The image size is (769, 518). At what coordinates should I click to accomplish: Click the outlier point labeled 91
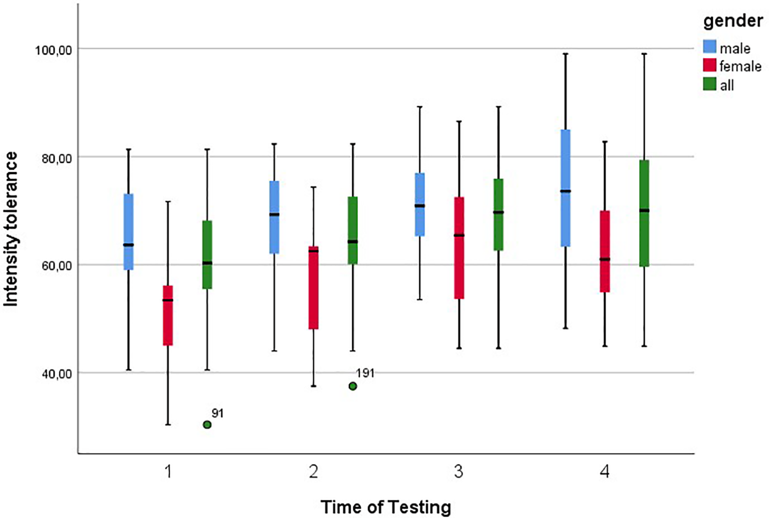[207, 424]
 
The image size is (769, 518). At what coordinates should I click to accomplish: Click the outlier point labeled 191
[353, 386]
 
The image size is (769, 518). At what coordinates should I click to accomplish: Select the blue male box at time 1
[128, 232]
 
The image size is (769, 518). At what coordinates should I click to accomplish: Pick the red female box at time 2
[313, 287]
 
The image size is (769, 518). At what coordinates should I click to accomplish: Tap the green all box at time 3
[498, 215]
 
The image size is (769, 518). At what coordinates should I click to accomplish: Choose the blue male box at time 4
[565, 188]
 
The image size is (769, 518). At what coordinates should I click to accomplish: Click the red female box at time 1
[168, 315]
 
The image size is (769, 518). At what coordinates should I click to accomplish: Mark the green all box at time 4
[644, 213]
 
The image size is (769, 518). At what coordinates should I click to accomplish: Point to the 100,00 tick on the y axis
[53, 50]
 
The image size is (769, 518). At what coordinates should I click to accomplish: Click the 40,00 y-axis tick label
[53, 373]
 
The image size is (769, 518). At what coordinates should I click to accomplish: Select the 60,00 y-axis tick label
[53, 265]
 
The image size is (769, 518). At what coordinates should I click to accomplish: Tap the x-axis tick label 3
[458, 471]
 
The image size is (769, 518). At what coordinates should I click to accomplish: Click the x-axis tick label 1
[168, 471]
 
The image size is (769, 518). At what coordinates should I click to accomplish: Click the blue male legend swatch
[709, 47]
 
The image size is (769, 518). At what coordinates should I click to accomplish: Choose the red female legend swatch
[709, 66]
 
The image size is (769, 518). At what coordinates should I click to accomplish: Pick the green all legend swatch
[709, 84]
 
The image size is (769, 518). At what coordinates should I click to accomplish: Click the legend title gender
[733, 21]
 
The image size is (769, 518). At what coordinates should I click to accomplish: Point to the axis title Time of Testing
[386, 506]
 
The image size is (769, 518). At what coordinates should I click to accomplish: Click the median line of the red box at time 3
[458, 235]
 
